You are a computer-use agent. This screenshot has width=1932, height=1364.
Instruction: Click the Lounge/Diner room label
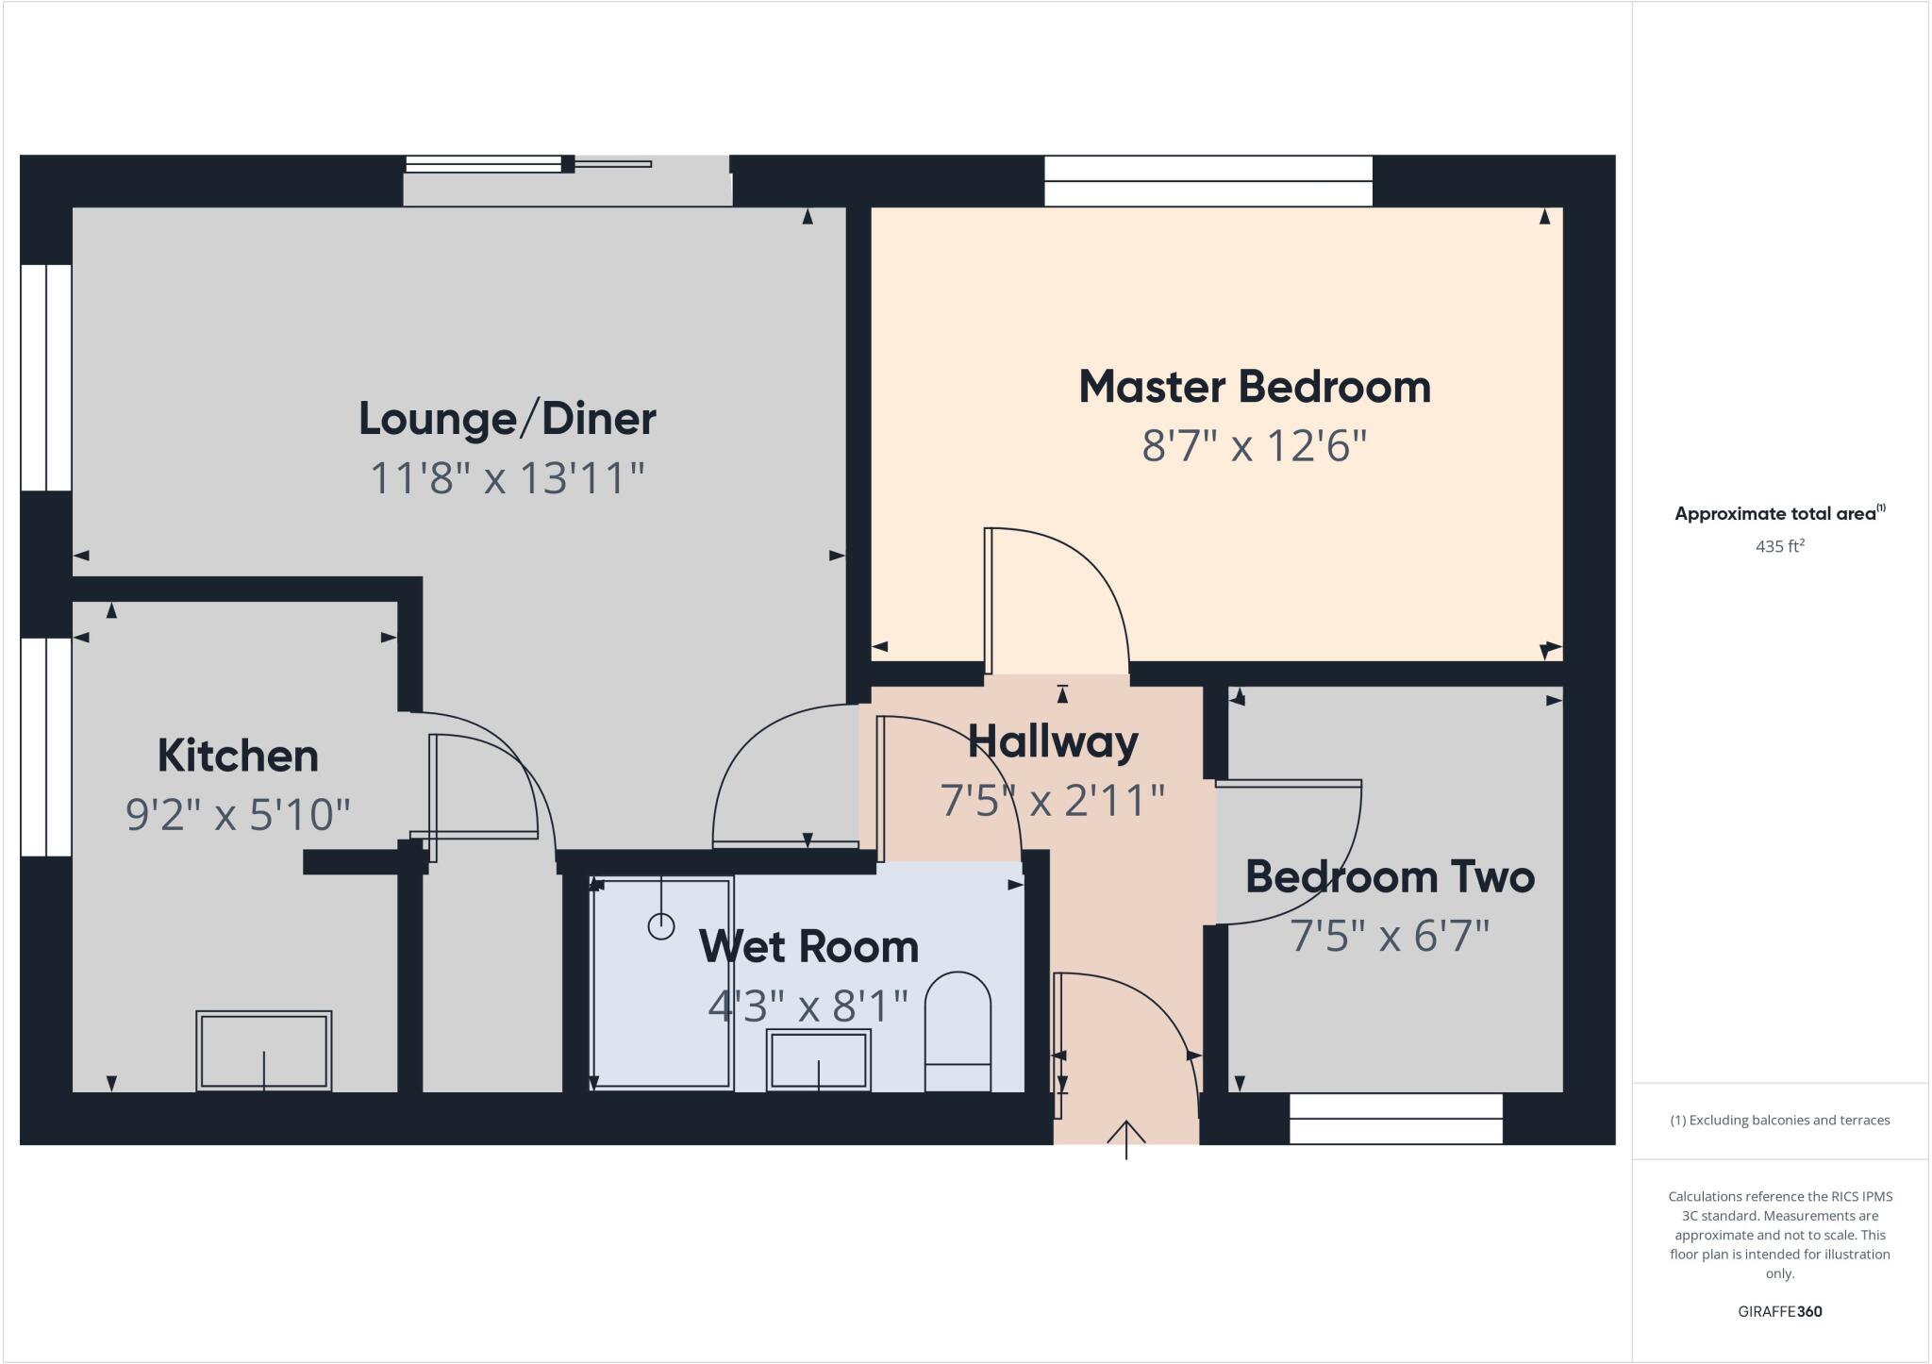point(507,419)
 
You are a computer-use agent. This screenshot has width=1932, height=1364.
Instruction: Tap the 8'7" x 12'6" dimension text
point(1254,445)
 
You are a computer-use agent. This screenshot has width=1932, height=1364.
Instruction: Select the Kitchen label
point(238,756)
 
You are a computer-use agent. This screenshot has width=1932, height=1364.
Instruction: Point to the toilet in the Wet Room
point(958,1033)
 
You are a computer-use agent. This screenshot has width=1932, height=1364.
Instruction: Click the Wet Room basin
point(818,1059)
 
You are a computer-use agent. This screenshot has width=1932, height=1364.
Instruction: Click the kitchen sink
point(263,1050)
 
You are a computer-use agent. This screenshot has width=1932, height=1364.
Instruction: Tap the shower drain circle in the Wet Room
point(661,926)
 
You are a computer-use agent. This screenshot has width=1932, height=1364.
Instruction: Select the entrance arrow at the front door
point(1126,1137)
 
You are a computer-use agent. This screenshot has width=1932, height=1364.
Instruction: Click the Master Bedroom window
point(1207,180)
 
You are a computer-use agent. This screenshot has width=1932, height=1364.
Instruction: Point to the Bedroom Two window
point(1395,1118)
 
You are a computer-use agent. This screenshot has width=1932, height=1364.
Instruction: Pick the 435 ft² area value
point(1779,546)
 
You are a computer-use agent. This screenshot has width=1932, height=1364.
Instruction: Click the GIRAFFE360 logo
point(1779,1311)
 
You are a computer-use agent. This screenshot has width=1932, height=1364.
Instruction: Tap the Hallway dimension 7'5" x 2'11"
point(1052,801)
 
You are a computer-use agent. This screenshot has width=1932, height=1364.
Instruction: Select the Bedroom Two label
point(1390,876)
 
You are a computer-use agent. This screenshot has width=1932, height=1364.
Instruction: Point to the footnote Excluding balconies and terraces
point(1779,1121)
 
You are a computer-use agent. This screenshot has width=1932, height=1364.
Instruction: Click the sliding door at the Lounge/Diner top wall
point(566,179)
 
